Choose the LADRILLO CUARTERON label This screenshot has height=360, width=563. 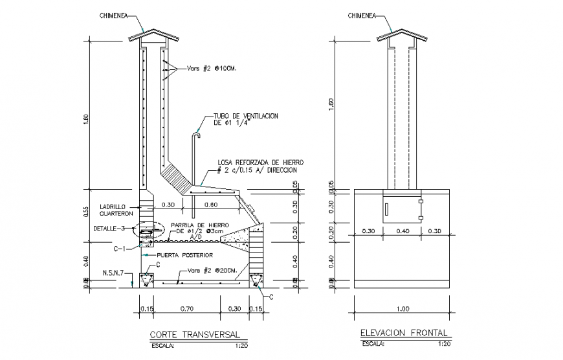[116, 210]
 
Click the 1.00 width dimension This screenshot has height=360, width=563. [403, 309]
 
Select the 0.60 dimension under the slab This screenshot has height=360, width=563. [210, 205]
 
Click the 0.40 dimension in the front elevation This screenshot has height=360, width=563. [403, 231]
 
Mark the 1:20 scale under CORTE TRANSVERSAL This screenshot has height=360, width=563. [232, 346]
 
